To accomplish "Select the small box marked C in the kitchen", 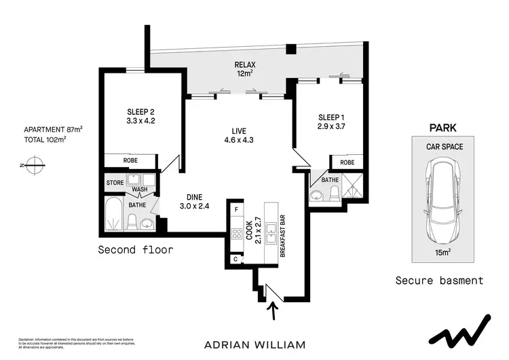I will [x=235, y=259].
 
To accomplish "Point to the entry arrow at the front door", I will [x=274, y=312].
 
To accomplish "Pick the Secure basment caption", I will [x=439, y=280].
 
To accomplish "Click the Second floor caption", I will [x=136, y=250].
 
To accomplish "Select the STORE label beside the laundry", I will [x=114, y=182].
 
